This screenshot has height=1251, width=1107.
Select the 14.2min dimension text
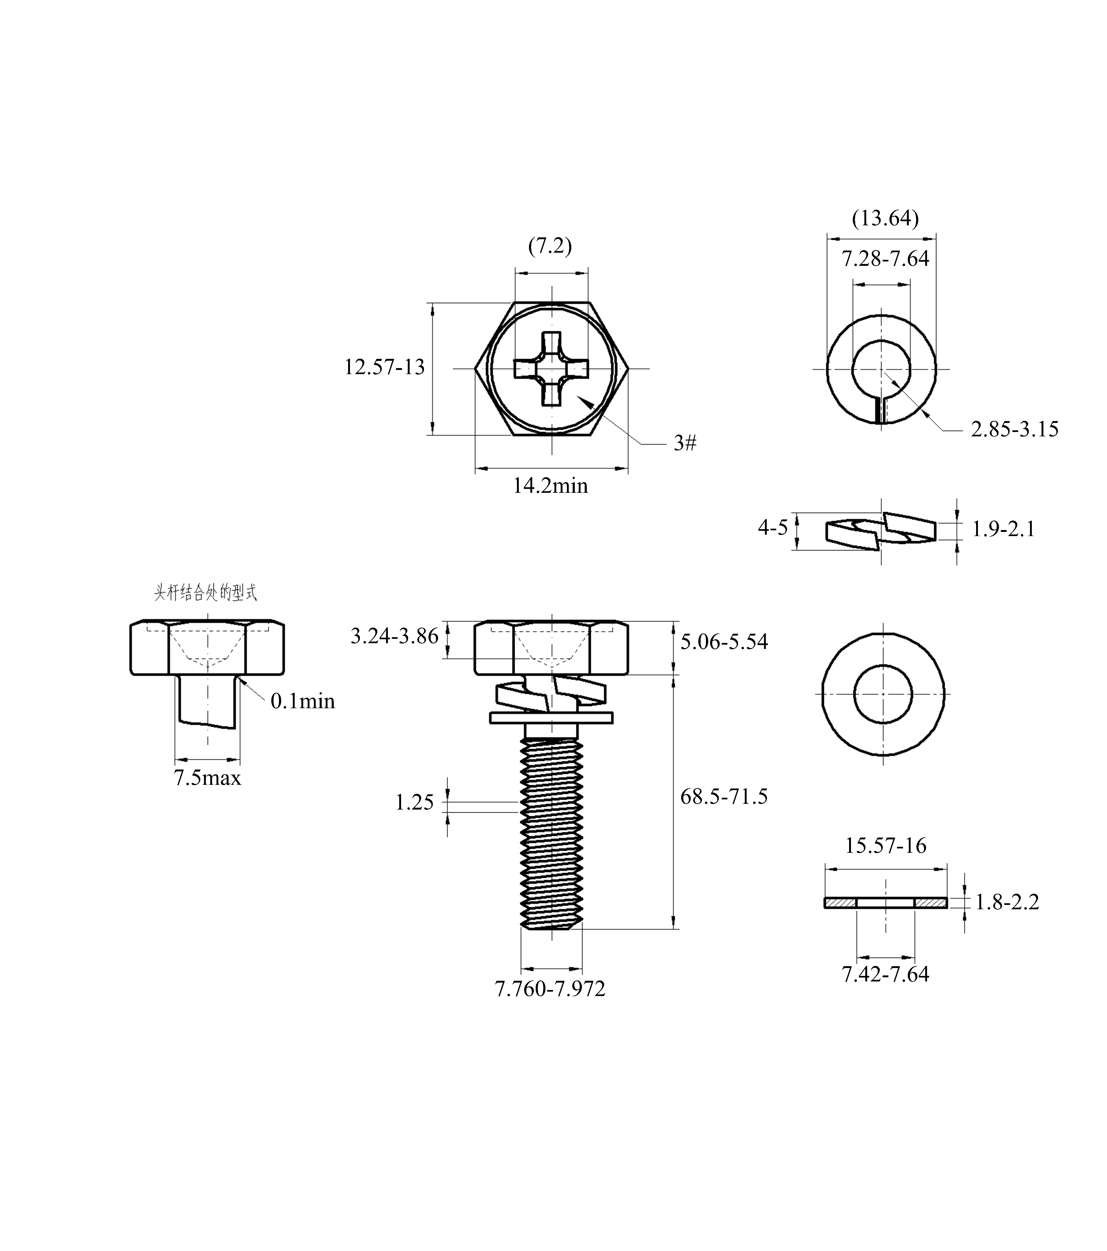tap(550, 486)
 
